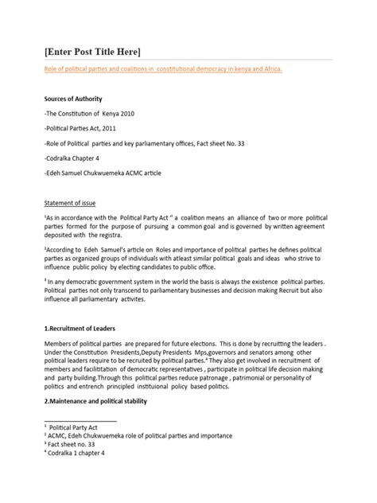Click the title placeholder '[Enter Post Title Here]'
point(92,52)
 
